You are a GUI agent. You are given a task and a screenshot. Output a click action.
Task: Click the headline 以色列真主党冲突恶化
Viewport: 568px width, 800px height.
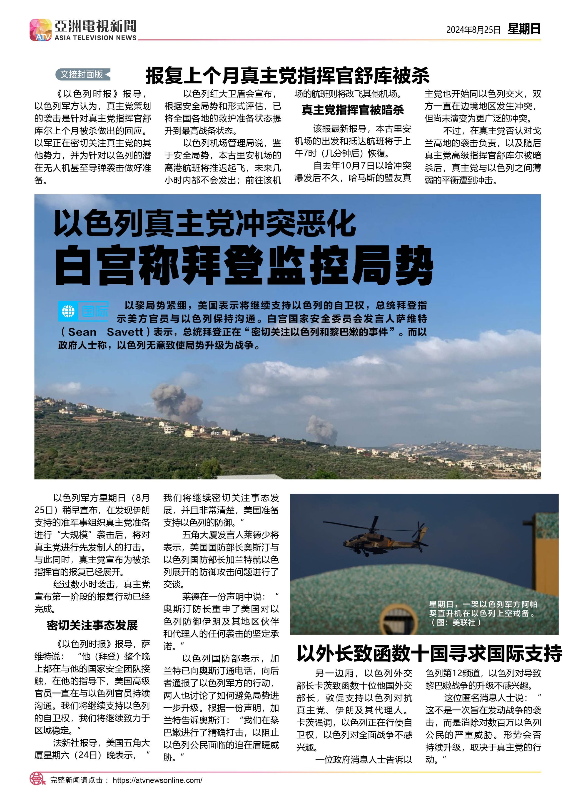coord(205,223)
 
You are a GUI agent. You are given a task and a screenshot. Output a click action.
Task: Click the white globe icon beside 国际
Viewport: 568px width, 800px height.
coord(68,311)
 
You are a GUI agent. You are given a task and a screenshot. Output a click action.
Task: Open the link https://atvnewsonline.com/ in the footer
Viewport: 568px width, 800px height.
coord(157,780)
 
